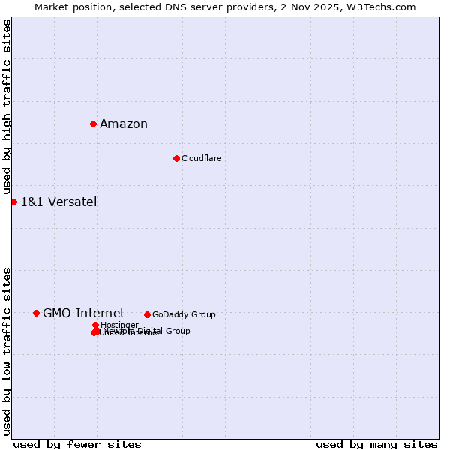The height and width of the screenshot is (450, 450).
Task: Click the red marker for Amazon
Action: (93, 124)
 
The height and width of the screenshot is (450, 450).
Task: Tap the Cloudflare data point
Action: (176, 158)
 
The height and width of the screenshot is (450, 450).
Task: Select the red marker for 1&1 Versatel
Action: (13, 202)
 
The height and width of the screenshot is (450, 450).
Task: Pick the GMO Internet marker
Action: (36, 313)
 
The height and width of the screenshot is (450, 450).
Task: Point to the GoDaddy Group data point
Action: (147, 314)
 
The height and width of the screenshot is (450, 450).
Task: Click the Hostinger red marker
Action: (95, 325)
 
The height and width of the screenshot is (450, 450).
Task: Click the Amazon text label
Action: (124, 124)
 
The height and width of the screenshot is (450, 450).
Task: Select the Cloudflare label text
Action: (201, 159)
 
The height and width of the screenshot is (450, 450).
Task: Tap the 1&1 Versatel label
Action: (58, 202)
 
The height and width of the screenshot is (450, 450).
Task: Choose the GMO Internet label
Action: (83, 313)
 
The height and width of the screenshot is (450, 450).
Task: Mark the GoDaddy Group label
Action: (184, 315)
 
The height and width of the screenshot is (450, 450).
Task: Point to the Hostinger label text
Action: (119, 325)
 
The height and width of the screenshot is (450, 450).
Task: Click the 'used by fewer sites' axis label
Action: (77, 445)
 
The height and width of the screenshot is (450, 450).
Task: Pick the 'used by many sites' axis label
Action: (376, 445)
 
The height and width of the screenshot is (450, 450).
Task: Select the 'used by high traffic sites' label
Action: (7, 107)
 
